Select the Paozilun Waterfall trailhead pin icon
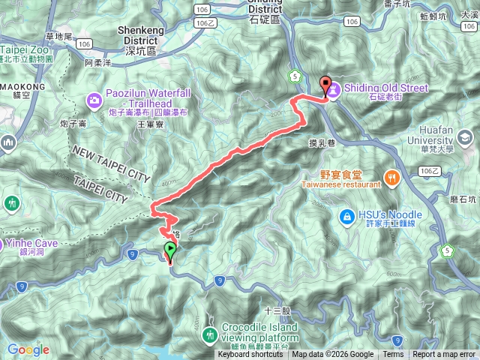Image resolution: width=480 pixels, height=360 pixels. [x=94, y=98]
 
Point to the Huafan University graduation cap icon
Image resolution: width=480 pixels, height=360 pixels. [x=466, y=138]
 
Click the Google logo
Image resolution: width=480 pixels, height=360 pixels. [x=28, y=349]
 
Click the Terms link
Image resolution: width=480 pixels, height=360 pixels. [x=393, y=355]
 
